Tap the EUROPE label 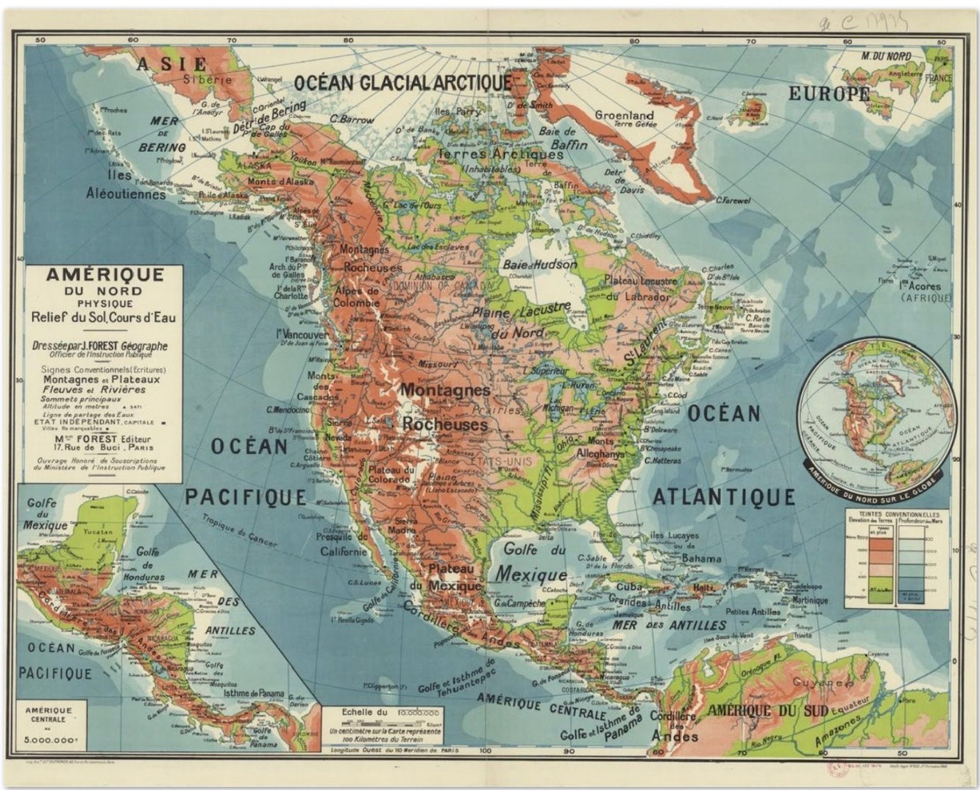829,94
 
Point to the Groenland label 624,115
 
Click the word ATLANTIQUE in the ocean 724,497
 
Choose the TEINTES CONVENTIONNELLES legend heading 895,514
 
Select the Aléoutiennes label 127,195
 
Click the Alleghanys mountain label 600,453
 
